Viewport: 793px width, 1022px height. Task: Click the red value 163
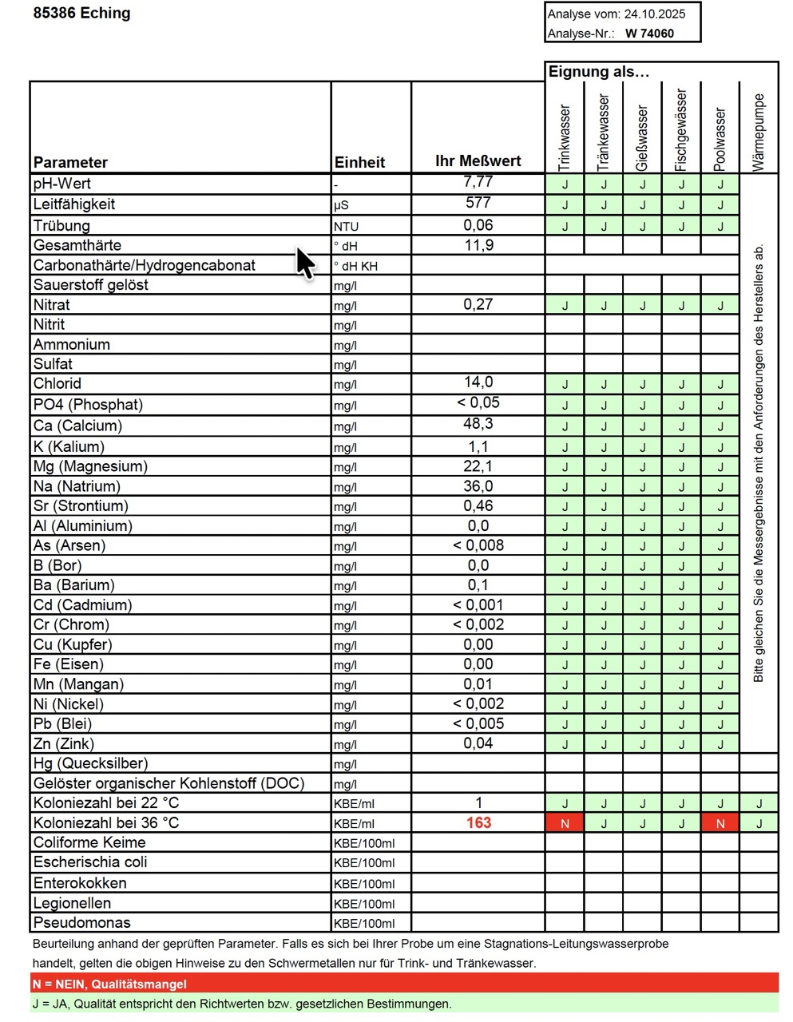(x=478, y=823)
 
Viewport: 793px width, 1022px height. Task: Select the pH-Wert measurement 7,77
(x=478, y=183)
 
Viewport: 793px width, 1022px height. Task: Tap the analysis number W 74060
(x=649, y=34)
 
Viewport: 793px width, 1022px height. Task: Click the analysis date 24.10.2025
(x=655, y=14)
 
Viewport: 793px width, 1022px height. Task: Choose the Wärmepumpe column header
(x=759, y=133)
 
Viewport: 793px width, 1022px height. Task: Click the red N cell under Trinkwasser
(x=565, y=823)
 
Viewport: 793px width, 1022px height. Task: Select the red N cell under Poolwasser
(x=720, y=823)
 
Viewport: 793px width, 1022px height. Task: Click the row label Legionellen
(x=72, y=903)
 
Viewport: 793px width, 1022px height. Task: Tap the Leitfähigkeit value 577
(x=478, y=203)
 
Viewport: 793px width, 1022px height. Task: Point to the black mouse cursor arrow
(x=305, y=262)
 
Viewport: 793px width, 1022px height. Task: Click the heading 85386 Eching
(x=82, y=13)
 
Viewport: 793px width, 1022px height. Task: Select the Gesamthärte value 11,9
(x=478, y=245)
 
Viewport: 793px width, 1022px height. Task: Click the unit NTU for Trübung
(x=347, y=227)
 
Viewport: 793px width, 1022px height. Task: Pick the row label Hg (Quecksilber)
(x=90, y=763)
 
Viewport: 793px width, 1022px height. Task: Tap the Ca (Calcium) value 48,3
(x=478, y=424)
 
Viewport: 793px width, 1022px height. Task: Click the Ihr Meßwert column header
(x=478, y=160)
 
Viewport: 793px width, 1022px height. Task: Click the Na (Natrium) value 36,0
(x=478, y=485)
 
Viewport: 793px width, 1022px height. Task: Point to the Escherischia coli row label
(x=90, y=862)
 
